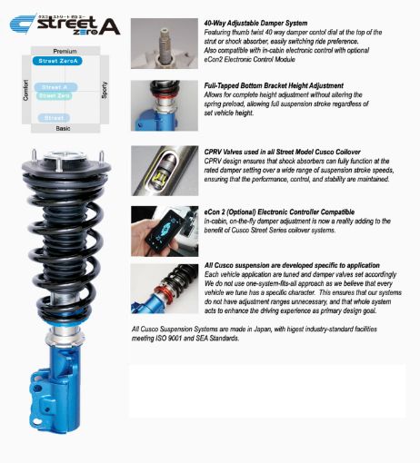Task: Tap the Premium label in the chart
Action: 65,52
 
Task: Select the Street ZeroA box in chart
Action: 61,61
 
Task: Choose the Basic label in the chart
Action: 63,128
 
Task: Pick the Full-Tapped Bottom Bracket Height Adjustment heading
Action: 275,84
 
